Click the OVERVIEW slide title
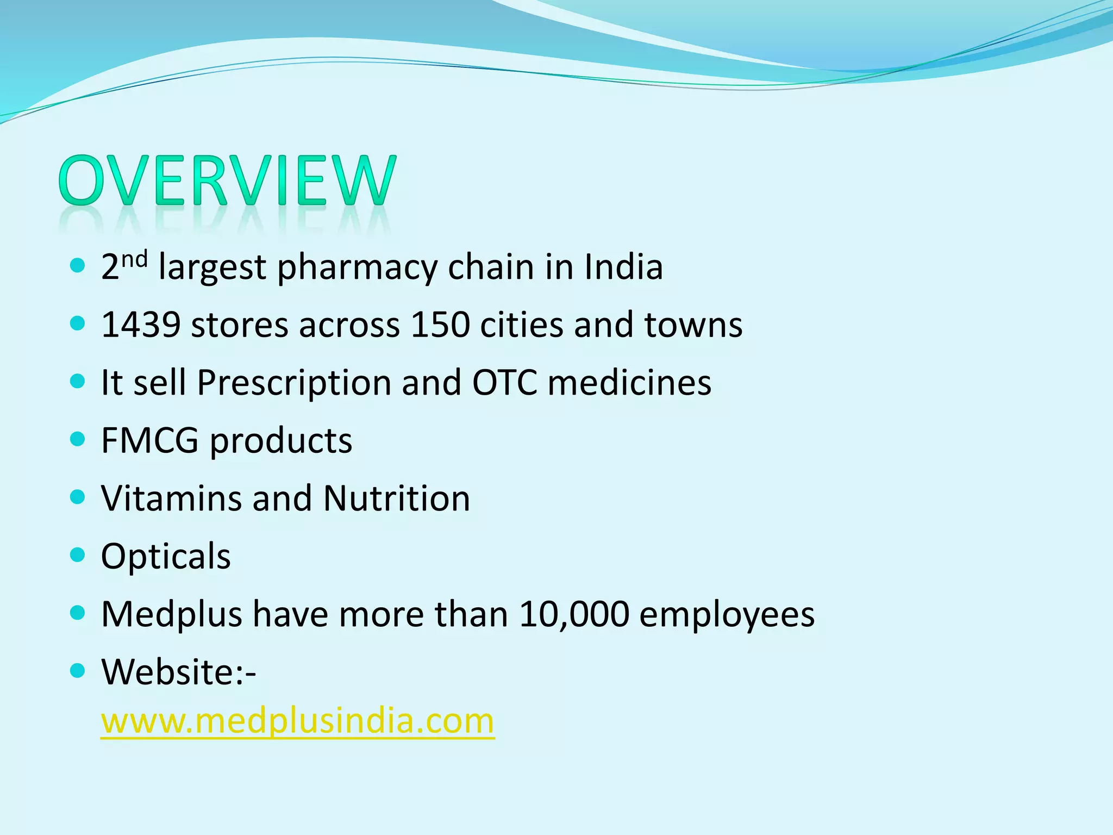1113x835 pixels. coord(227,180)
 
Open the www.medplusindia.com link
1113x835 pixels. coord(297,721)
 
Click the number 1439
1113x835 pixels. coord(141,325)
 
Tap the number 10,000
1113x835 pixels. coord(574,614)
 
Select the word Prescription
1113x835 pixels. coord(294,383)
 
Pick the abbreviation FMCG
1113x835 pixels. coord(149,440)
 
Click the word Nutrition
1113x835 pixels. coord(397,498)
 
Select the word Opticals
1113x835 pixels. coord(166,557)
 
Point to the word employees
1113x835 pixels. coord(727,615)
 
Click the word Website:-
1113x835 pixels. coord(178,672)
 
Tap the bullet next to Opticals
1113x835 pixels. coord(78,555)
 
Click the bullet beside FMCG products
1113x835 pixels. coord(78,439)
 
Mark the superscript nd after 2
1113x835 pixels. coord(134,260)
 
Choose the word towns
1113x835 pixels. coord(693,325)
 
